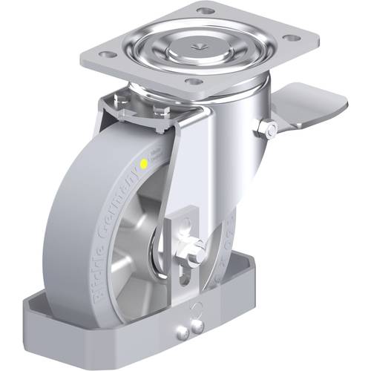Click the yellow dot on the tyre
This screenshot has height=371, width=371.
click(142, 161)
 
